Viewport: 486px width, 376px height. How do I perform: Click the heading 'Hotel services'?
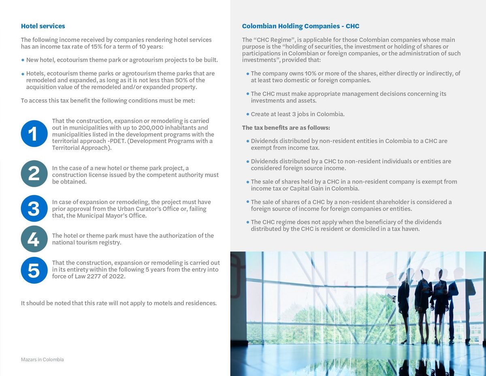[x=43, y=26]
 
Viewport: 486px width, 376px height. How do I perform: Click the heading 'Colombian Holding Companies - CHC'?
[x=301, y=26]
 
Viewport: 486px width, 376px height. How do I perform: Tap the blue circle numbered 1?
[x=34, y=133]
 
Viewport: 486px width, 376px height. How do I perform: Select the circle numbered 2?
[x=34, y=174]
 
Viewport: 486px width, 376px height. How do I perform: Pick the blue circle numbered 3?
[x=34, y=208]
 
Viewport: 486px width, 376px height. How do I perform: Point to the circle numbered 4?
[x=34, y=239]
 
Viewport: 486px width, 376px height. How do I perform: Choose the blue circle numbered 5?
[x=34, y=270]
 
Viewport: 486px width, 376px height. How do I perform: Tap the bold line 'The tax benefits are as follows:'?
[x=286, y=128]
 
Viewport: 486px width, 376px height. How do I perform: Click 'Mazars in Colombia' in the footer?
[x=42, y=359]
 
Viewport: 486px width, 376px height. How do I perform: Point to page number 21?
[x=462, y=359]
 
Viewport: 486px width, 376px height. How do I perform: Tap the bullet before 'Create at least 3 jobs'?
[x=247, y=114]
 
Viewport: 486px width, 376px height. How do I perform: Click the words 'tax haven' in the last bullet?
[x=405, y=229]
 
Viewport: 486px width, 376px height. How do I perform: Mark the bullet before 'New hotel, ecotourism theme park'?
[x=23, y=60]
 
